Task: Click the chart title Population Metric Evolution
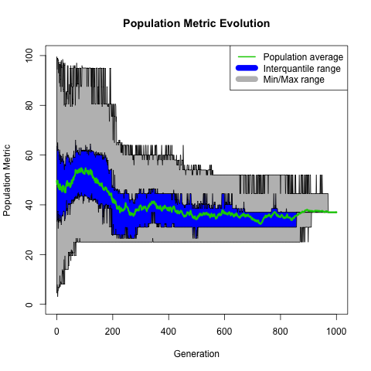click(x=196, y=23)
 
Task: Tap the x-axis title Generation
click(x=196, y=354)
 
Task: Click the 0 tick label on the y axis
click(x=30, y=305)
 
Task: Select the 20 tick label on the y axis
click(x=30, y=254)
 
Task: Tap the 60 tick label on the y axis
click(x=30, y=155)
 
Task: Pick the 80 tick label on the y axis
click(x=30, y=105)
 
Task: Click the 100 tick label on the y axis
click(x=30, y=56)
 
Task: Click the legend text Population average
click(x=303, y=57)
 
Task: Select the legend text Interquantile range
click(x=301, y=69)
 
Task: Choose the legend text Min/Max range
click(x=294, y=80)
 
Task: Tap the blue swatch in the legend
click(x=247, y=69)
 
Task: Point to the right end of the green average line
click(x=336, y=212)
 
